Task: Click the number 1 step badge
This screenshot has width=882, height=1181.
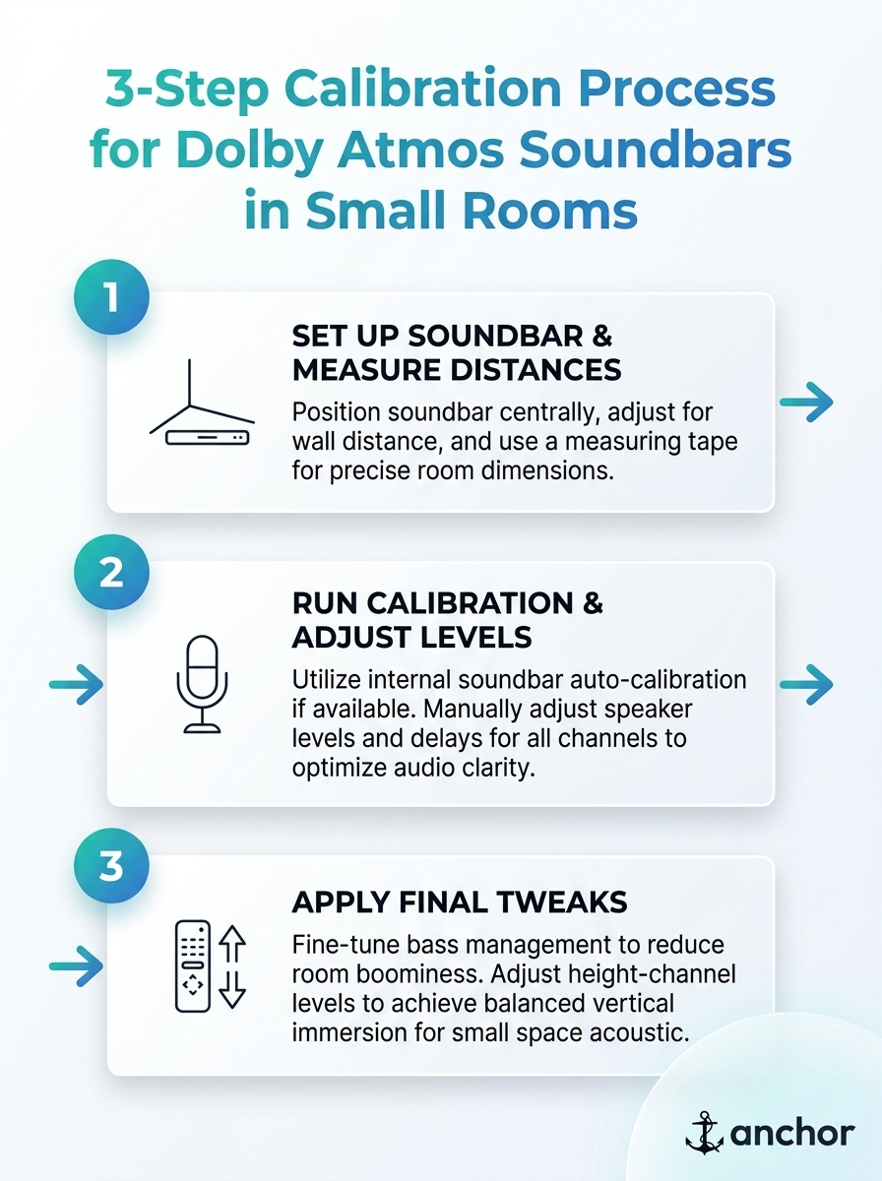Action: click(111, 297)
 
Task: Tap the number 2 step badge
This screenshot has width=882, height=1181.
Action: click(111, 572)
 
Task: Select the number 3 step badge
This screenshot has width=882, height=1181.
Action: click(111, 866)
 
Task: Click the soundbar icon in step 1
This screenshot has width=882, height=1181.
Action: click(202, 403)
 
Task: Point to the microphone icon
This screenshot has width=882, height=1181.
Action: click(203, 683)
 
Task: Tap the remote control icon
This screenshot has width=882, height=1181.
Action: click(193, 965)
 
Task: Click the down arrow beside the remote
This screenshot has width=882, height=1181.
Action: click(232, 989)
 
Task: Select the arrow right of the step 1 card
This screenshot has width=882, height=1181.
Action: click(806, 402)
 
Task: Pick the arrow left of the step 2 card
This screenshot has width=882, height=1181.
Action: click(76, 684)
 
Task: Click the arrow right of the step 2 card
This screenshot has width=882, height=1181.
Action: click(806, 684)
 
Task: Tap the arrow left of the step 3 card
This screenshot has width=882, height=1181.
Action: click(76, 966)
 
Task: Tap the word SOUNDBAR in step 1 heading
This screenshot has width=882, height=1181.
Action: click(495, 337)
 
